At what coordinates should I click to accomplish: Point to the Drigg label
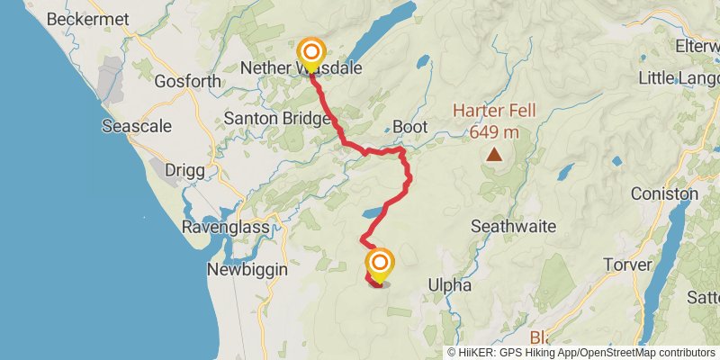(x=184, y=169)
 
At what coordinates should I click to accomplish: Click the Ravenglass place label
(x=226, y=227)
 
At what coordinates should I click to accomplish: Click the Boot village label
(x=409, y=128)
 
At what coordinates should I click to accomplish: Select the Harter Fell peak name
(x=494, y=112)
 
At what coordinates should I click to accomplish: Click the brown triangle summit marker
(x=493, y=155)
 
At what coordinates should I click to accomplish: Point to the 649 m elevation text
(x=494, y=132)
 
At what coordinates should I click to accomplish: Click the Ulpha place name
(x=449, y=285)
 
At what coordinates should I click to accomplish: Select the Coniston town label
(x=664, y=193)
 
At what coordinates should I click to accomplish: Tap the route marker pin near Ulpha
(x=380, y=263)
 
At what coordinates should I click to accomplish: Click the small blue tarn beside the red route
(x=373, y=214)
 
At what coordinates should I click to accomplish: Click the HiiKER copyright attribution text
(x=581, y=353)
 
